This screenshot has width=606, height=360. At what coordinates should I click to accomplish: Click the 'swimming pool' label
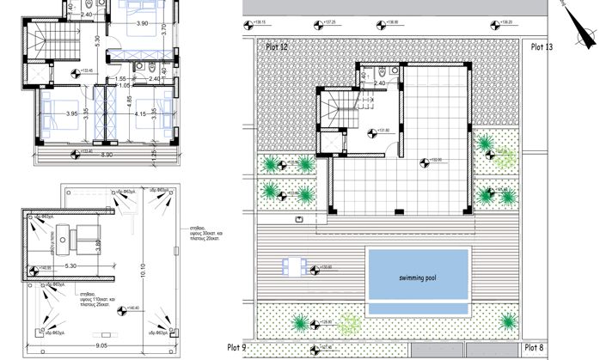pyautogui.click(x=419, y=279)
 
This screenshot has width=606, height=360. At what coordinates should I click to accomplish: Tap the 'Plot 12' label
pyautogui.click(x=279, y=48)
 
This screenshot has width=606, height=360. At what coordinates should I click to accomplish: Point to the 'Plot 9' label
pyautogui.click(x=236, y=347)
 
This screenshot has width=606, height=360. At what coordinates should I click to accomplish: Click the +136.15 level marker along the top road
pyautogui.click(x=259, y=23)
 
